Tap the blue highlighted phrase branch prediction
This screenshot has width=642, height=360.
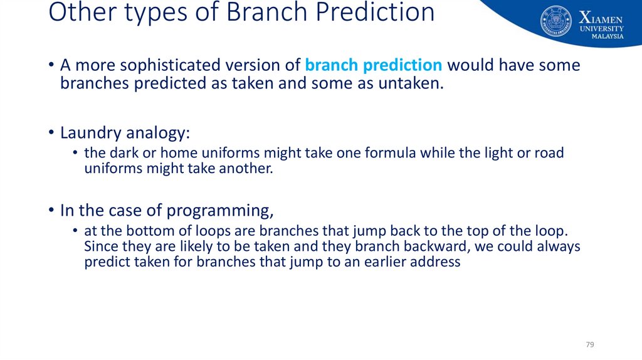374,65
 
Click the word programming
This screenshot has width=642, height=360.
220,211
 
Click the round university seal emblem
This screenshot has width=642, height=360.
556,21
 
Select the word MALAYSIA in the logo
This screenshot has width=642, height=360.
608,36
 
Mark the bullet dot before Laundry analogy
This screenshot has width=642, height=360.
51,133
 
